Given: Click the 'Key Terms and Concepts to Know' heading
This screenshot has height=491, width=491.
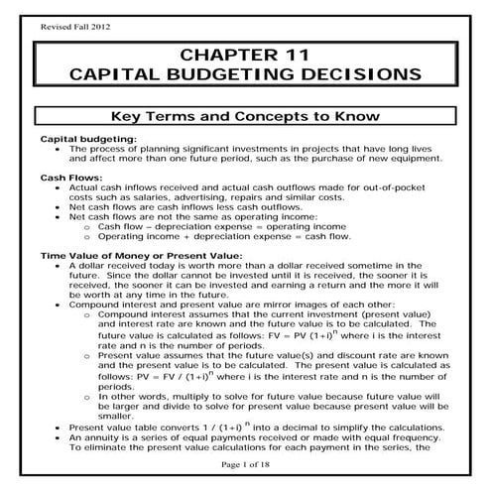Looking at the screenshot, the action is point(245,115).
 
